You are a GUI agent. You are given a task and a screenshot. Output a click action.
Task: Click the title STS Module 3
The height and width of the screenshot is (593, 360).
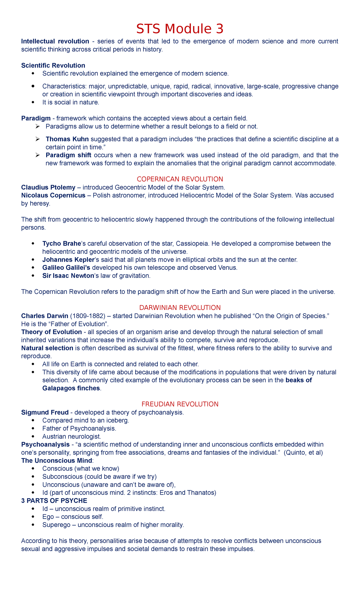180,29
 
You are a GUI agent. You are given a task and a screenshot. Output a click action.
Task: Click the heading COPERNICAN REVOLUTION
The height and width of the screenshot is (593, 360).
180,179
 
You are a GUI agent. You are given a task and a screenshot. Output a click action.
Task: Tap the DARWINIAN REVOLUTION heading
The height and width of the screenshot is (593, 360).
180,308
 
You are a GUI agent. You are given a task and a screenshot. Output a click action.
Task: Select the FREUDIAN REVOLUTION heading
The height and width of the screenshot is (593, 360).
180,404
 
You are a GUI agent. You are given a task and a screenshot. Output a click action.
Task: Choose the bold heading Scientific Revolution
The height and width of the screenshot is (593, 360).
53,65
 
